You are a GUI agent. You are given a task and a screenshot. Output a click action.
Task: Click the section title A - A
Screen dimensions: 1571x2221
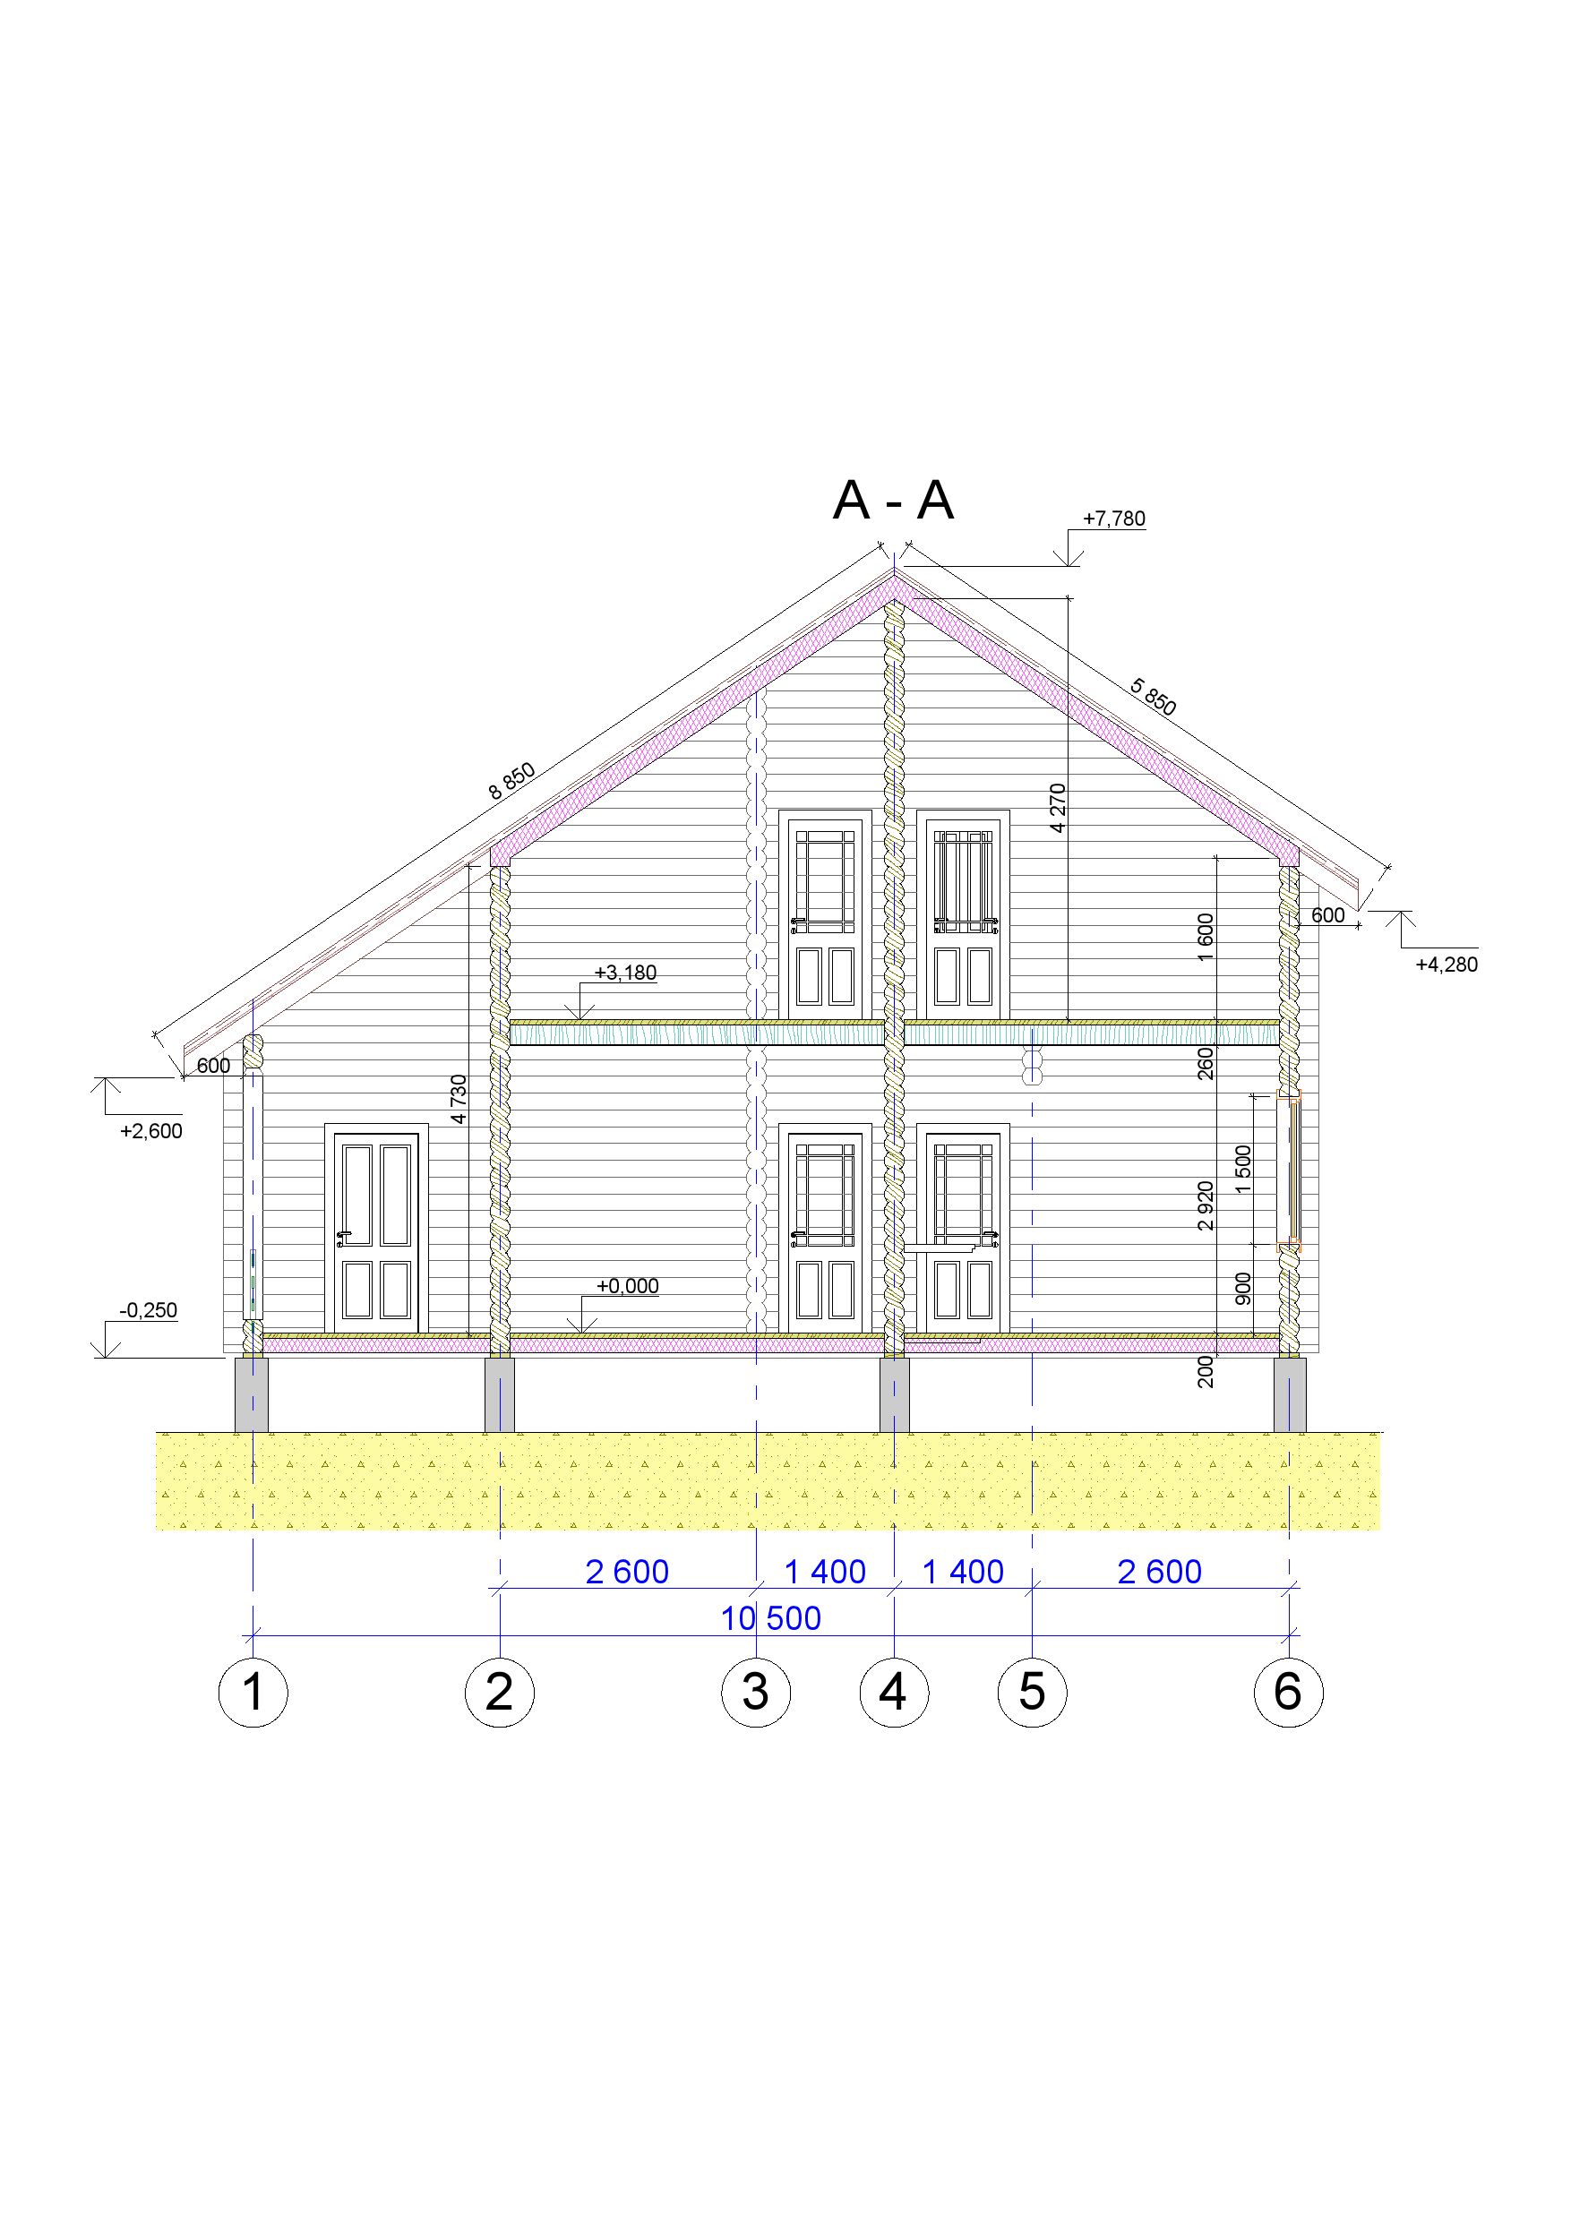(x=893, y=500)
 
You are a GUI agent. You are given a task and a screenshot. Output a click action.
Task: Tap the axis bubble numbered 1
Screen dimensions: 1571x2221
(x=253, y=1692)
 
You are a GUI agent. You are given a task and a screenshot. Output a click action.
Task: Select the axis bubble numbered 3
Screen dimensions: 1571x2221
(x=756, y=1692)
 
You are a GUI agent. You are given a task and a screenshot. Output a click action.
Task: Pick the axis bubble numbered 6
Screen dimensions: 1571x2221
(x=1289, y=1692)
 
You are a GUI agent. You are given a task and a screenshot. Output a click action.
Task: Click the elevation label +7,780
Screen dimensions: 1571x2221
(x=1113, y=519)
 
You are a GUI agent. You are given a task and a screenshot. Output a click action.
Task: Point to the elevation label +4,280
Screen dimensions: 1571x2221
(x=1447, y=965)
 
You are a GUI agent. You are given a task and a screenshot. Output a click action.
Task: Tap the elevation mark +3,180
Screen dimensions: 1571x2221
(x=625, y=973)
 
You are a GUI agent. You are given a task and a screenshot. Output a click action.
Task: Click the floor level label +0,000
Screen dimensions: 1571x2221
(x=627, y=1286)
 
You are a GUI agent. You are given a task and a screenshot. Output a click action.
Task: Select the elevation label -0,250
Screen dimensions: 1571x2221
(x=148, y=1310)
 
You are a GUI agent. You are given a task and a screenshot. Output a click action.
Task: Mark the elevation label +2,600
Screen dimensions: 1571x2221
(x=150, y=1131)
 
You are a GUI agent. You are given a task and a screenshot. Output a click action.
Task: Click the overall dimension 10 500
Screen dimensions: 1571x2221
(x=771, y=1618)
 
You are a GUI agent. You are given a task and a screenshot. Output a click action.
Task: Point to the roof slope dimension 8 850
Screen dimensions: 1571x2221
(x=511, y=781)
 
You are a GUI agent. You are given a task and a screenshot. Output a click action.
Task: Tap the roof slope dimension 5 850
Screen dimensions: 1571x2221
(x=1153, y=698)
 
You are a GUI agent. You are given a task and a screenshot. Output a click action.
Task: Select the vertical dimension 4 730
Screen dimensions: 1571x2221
(x=459, y=1099)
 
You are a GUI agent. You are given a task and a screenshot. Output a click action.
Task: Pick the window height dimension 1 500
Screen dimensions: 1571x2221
(x=1243, y=1169)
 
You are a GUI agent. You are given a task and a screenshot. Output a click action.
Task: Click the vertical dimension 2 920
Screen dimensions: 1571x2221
(x=1206, y=1205)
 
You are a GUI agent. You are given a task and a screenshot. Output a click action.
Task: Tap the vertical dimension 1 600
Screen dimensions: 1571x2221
(x=1206, y=938)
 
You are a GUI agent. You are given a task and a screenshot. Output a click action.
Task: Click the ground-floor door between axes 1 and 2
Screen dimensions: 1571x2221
(x=376, y=1229)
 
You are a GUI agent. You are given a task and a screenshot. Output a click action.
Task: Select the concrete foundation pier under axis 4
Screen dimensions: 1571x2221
(x=894, y=1395)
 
